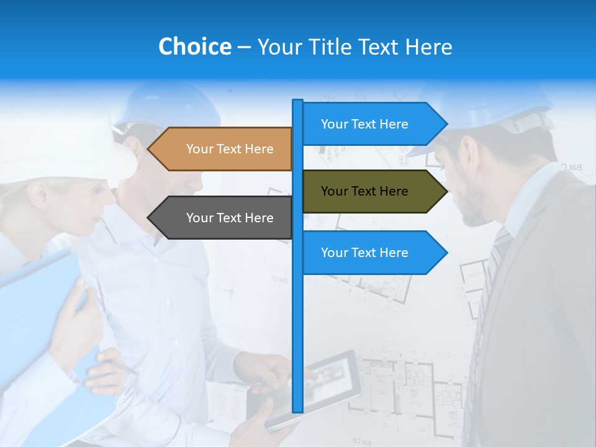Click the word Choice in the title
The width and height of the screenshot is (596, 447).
pyautogui.click(x=194, y=47)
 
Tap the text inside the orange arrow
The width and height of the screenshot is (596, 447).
pyautogui.click(x=230, y=149)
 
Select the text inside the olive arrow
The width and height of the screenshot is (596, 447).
pyautogui.click(x=364, y=191)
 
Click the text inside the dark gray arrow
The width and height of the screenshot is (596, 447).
pyautogui.click(x=230, y=218)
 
